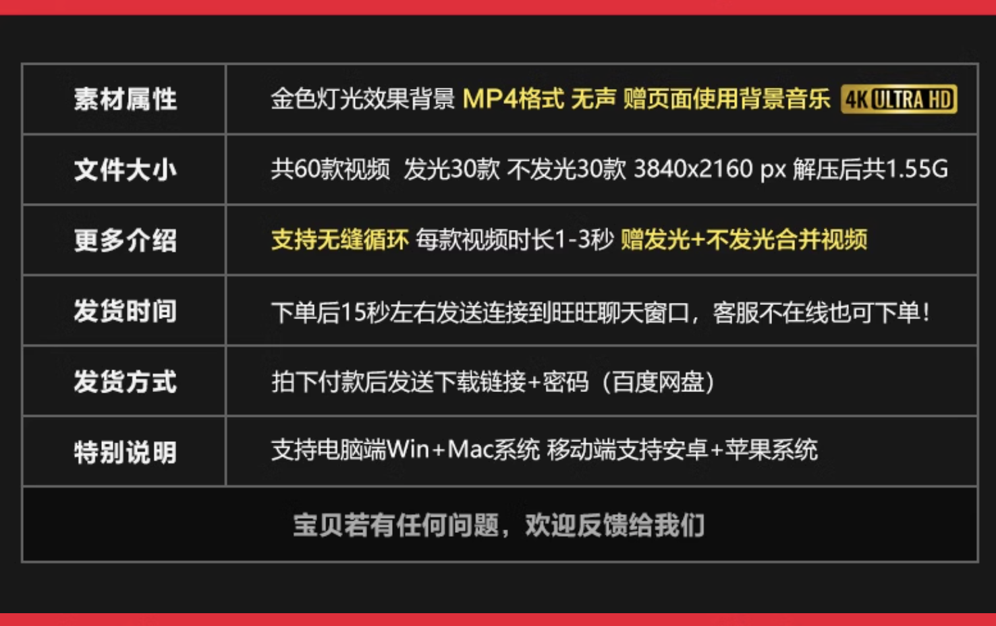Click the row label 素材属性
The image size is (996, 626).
(x=125, y=100)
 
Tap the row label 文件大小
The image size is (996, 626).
(x=125, y=169)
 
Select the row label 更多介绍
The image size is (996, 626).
(x=125, y=240)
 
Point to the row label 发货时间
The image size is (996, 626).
(x=125, y=311)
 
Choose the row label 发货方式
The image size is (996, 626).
(x=125, y=382)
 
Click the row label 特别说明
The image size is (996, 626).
(x=125, y=452)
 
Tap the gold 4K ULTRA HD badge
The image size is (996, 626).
(x=899, y=100)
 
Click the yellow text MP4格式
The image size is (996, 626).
(x=513, y=100)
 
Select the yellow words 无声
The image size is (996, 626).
(x=593, y=100)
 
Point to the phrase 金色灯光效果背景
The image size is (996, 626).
(x=362, y=100)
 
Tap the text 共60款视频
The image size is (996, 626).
(x=330, y=169)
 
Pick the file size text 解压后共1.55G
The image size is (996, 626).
(x=870, y=169)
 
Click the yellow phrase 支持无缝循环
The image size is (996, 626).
(x=339, y=240)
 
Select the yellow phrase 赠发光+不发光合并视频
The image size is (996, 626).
(x=744, y=240)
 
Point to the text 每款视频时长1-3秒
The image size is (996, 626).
(x=514, y=240)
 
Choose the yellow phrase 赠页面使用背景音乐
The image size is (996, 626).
(x=726, y=100)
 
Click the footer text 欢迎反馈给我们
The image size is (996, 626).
(x=615, y=525)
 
